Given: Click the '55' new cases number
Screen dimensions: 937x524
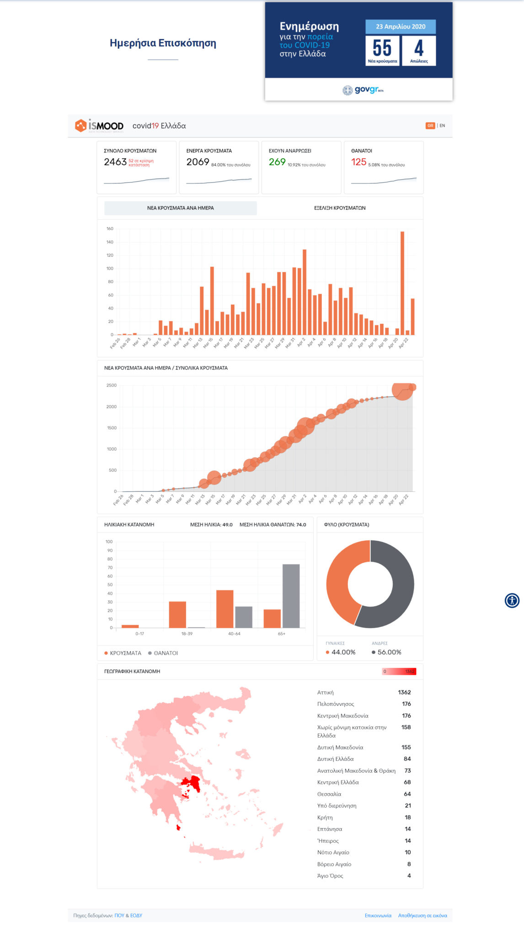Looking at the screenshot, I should (x=382, y=48).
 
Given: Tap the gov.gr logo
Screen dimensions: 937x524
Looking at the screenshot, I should (x=364, y=90).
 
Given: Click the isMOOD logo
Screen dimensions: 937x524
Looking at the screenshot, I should (x=99, y=126).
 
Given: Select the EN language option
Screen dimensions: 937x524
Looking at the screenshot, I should (x=442, y=125).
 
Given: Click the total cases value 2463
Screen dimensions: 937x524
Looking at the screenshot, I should (x=115, y=162).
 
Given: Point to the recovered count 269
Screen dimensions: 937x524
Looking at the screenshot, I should (x=277, y=162).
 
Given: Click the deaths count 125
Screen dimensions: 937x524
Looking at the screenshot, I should (x=359, y=162).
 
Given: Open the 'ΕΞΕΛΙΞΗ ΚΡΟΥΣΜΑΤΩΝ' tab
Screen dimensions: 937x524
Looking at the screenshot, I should (x=340, y=208).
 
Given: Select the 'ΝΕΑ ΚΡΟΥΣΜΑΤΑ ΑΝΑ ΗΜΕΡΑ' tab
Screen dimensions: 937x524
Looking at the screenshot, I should (x=181, y=208).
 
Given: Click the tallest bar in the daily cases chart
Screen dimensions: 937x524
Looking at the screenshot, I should (x=402, y=284).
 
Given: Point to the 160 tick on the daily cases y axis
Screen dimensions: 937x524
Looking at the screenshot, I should (x=110, y=229).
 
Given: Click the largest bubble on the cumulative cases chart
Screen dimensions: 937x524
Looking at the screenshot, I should (x=402, y=390).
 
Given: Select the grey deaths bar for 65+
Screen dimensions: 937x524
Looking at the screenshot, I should (x=291, y=596).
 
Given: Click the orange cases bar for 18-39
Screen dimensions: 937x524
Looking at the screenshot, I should (x=177, y=614).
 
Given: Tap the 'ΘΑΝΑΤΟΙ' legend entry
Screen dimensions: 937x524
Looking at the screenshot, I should (x=163, y=653).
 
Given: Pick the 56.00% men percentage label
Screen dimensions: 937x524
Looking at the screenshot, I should (x=389, y=652).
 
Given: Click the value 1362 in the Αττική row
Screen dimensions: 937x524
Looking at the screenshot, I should (x=404, y=692).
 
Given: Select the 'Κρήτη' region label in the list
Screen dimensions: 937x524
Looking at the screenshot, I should (x=325, y=817).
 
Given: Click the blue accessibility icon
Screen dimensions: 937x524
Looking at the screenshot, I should (x=512, y=600).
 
